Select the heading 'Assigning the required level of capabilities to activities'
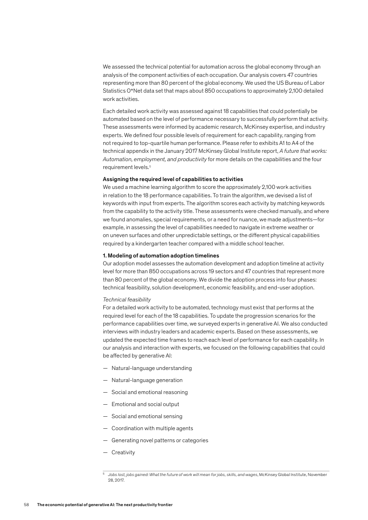pyautogui.click(x=172, y=179)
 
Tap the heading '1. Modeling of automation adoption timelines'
pyautogui.click(x=161, y=256)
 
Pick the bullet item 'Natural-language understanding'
pyautogui.click(x=152, y=368)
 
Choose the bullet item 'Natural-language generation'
pyautogui.click(x=147, y=380)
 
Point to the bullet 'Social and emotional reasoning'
pyautogui.click(x=149, y=392)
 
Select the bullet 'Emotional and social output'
pyautogui.click(x=145, y=404)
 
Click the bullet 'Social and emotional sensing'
pyautogui.click(x=147, y=416)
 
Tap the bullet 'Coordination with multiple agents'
pyautogui.click(x=152, y=428)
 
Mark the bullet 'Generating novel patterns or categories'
pyautogui.click(x=159, y=440)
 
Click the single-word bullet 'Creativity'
pyautogui.click(x=123, y=452)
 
